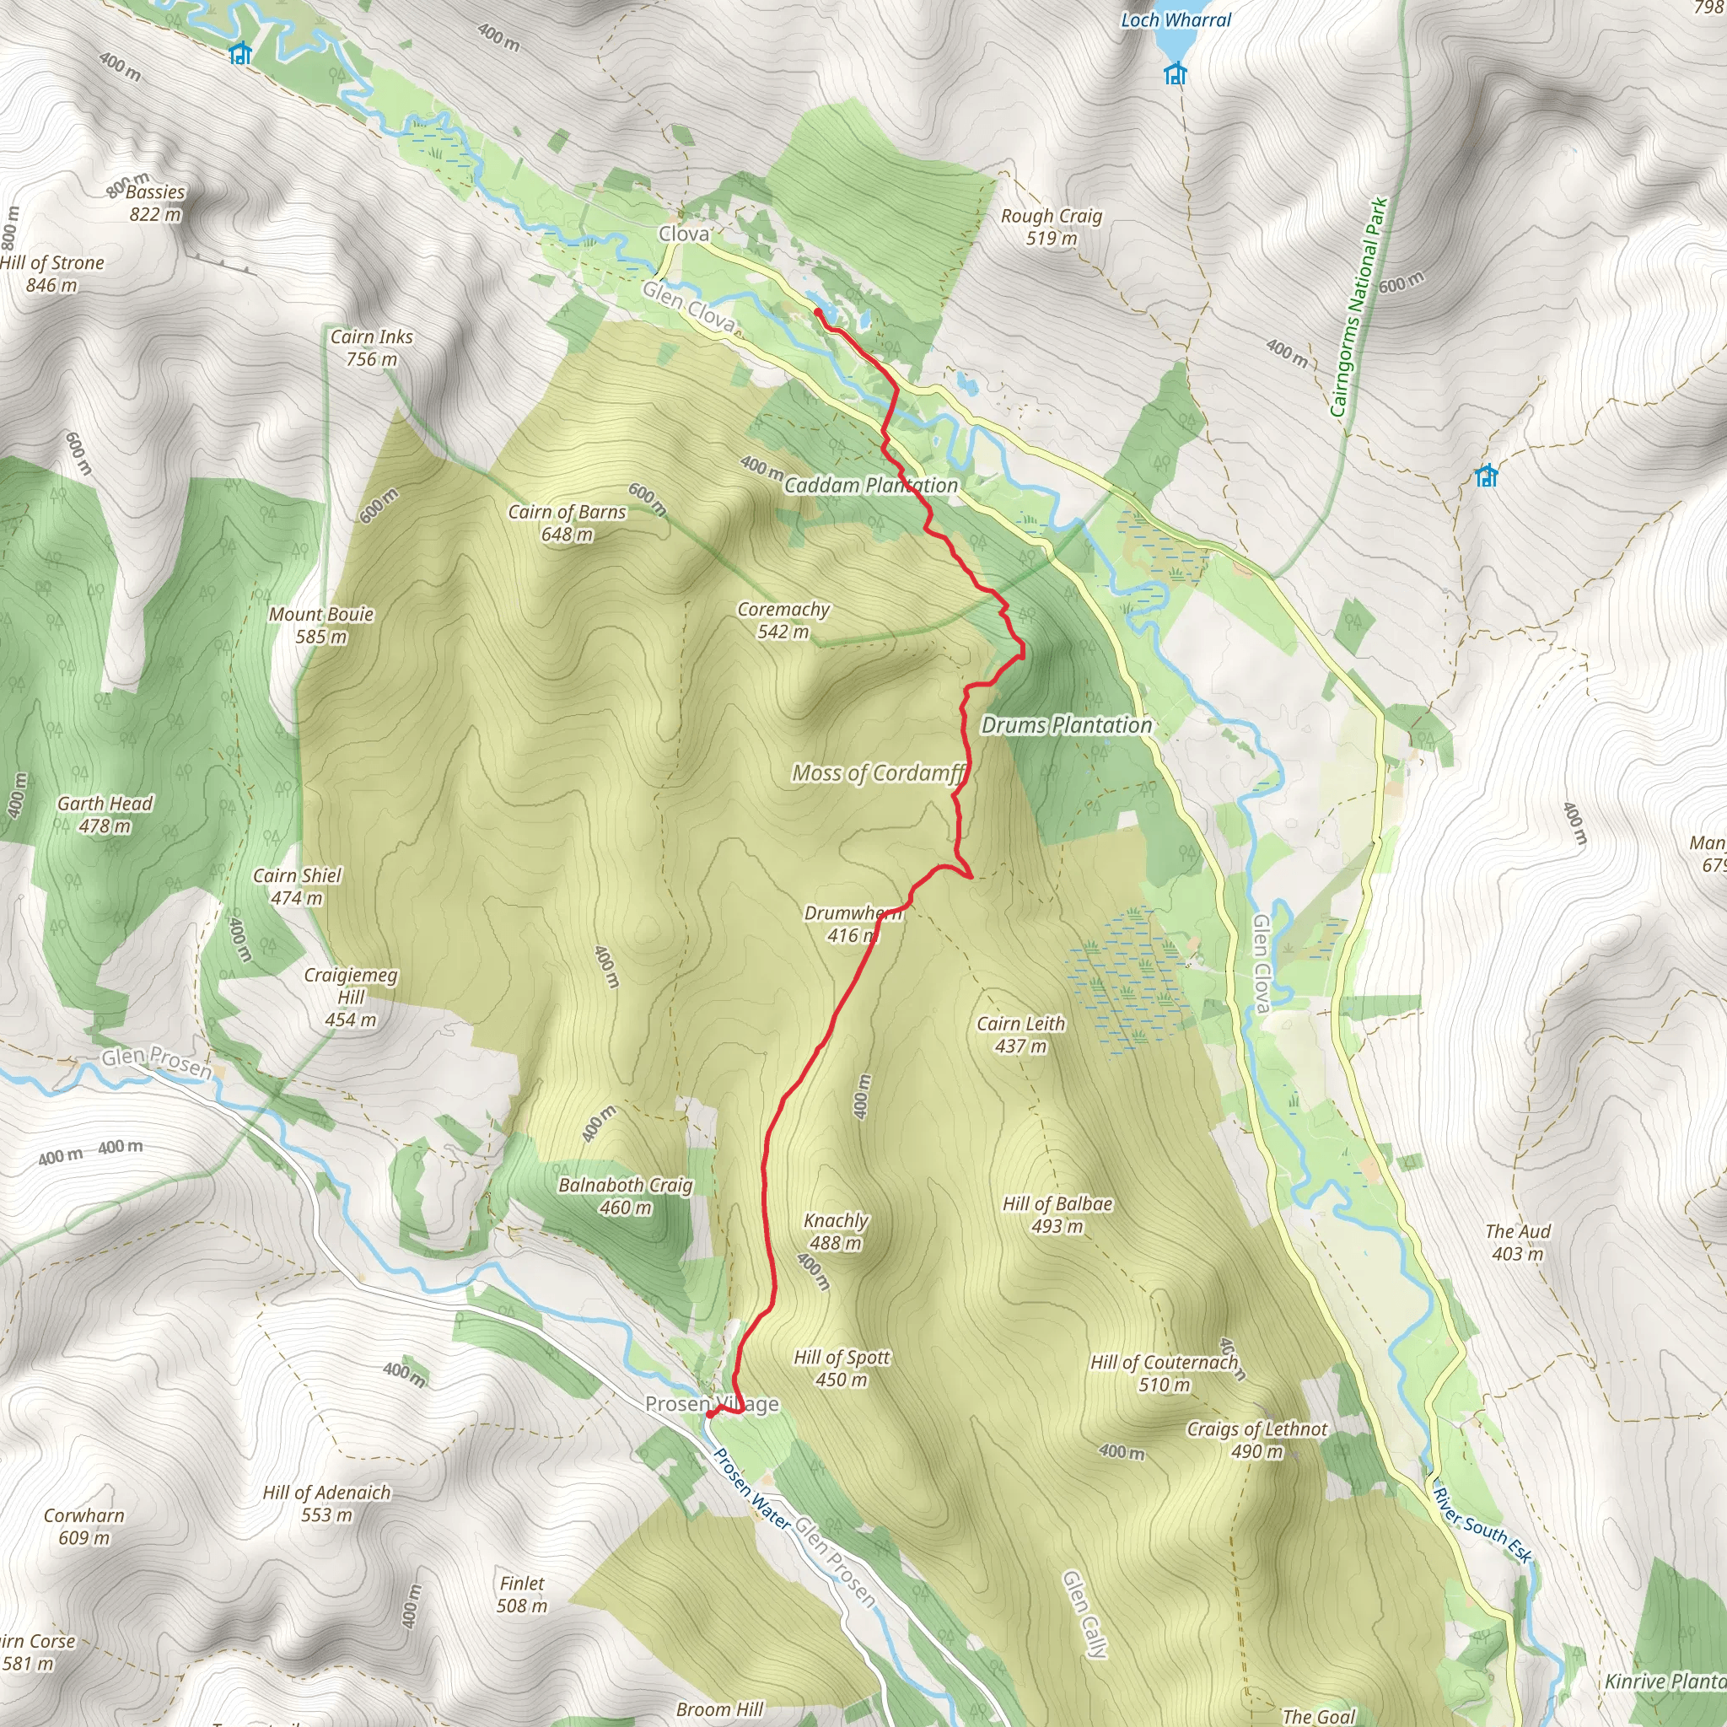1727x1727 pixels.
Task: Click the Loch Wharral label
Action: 1176,19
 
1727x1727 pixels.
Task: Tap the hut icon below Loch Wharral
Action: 1176,73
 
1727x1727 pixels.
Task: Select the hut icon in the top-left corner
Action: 239,54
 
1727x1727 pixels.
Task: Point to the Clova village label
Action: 684,234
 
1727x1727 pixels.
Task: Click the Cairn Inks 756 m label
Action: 372,347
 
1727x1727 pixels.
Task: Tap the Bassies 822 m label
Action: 155,203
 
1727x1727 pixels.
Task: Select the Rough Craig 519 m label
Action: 1052,227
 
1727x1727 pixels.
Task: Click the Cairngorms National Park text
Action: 1358,307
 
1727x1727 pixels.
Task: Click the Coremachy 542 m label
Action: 783,621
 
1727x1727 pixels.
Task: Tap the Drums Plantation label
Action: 1067,725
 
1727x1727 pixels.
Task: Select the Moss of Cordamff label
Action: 879,773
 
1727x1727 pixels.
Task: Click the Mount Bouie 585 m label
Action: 321,626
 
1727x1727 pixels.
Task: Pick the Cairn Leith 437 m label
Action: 1021,1034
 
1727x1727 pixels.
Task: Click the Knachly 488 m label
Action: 836,1231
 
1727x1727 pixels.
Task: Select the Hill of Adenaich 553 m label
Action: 326,1504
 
